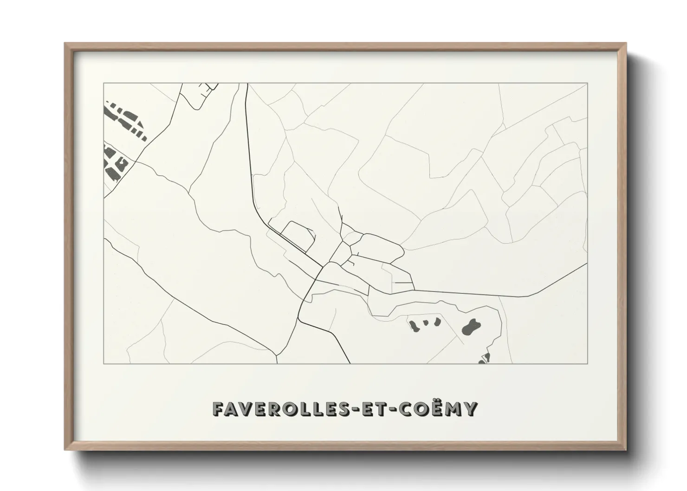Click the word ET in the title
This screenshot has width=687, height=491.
[379, 409]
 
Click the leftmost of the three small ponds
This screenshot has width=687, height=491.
[414, 325]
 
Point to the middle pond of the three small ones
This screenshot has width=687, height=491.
[425, 322]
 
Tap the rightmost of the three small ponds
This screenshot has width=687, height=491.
[436, 321]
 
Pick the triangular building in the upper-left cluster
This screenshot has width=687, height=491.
[110, 111]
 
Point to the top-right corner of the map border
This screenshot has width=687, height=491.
[588, 84]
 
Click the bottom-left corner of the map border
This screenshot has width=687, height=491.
[104, 363]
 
